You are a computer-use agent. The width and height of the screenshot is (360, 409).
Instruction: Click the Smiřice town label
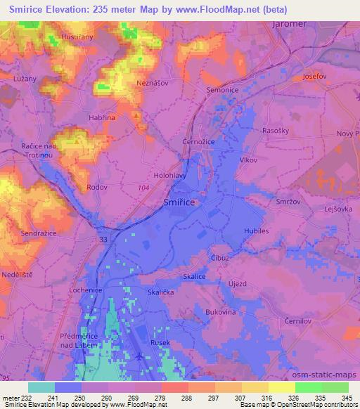pyautogui.click(x=179, y=202)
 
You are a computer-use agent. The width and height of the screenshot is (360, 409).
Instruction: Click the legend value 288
pyautogui.click(x=174, y=398)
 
